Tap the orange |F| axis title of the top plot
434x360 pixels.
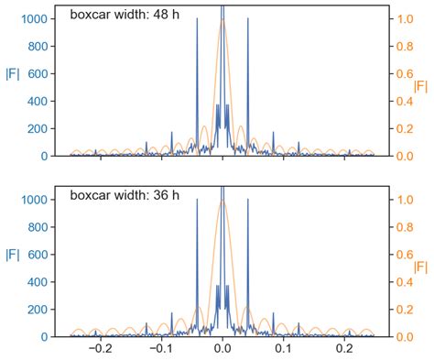coord(421,86)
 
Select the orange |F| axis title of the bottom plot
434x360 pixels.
coord(421,267)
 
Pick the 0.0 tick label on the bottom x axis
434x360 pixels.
coord(222,349)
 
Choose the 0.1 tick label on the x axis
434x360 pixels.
coord(284,349)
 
